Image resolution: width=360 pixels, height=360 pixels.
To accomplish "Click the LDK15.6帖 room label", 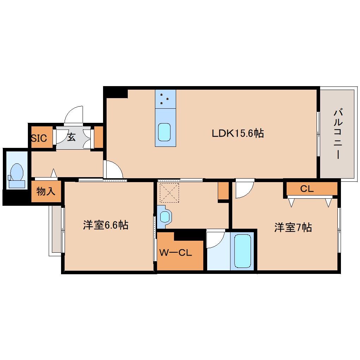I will coord(238,133).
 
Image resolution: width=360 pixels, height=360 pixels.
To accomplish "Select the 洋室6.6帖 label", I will coord(106,225).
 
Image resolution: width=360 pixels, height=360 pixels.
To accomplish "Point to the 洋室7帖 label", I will coord(293,228).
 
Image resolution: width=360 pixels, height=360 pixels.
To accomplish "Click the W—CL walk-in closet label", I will coord(175,253).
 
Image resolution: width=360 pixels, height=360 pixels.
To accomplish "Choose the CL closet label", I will coord(307,189).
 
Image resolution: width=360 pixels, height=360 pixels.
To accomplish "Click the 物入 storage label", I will coord(46,192).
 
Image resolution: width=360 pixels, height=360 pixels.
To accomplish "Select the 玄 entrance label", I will coord(71,137).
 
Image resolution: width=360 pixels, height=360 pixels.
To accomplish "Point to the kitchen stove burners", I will coord(165,99).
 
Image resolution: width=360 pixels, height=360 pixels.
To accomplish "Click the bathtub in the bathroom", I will coord(243,251).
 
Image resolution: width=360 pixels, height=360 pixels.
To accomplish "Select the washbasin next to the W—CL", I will coord(164,216).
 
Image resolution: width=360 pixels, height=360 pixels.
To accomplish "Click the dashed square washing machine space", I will coord(169,192).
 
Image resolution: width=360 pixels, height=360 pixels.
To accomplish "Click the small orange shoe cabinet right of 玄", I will coord(98,137).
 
